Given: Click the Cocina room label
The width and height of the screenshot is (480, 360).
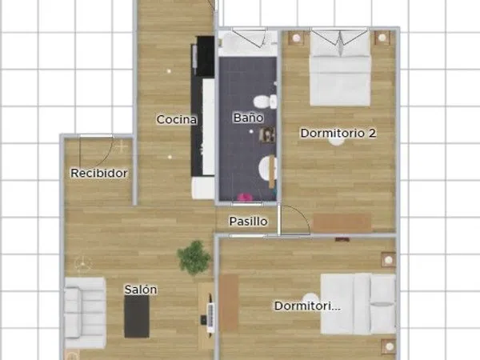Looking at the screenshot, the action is click(x=176, y=119).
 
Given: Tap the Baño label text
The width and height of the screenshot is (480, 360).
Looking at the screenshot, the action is click(x=248, y=118).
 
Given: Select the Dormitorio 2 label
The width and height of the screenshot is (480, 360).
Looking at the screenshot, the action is click(x=338, y=133).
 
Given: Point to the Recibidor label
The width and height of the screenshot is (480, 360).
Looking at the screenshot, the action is click(x=99, y=174).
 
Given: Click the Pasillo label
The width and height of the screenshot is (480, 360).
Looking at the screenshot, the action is click(x=248, y=222).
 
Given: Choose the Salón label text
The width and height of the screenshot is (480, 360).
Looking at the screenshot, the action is click(x=141, y=290).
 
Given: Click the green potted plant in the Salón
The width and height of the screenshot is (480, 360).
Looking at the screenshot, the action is click(x=194, y=258).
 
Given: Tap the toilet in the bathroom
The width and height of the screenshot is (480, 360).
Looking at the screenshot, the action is click(x=265, y=102).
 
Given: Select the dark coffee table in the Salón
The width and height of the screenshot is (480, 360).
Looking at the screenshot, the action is click(x=137, y=316).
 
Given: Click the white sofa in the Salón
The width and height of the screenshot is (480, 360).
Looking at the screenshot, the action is click(x=85, y=313).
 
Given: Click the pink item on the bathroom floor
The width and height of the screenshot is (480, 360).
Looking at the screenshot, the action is click(x=245, y=198).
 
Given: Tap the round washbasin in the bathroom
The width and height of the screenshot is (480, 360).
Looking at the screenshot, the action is click(x=267, y=168).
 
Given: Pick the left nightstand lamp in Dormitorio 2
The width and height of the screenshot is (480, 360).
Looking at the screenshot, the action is click(x=296, y=38).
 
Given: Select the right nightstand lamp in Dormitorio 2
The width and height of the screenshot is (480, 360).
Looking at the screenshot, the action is click(x=382, y=38).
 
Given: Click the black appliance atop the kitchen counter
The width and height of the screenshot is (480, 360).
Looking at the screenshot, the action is click(x=205, y=56).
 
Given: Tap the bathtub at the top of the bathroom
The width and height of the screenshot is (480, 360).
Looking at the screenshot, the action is click(x=248, y=43).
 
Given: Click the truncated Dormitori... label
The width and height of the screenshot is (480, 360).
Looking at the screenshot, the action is click(x=307, y=306).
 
